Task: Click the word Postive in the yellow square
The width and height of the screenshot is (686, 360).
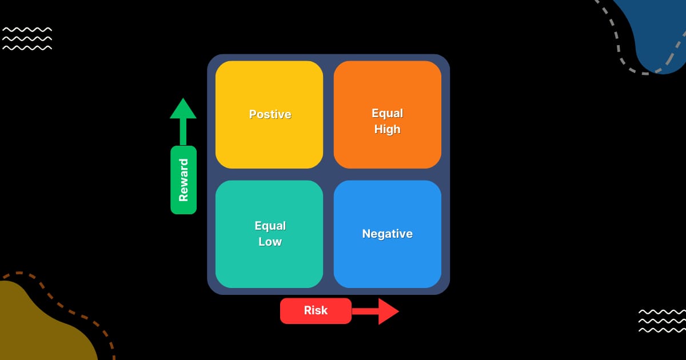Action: tap(270, 114)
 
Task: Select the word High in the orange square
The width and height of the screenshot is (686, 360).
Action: tap(387, 130)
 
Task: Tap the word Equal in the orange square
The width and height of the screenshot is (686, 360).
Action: tap(387, 113)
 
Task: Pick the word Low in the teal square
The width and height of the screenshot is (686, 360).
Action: tap(270, 242)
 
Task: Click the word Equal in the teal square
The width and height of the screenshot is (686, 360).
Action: tap(270, 226)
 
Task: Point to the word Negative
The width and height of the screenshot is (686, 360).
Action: tap(387, 234)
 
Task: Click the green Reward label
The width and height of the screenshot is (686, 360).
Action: tap(184, 180)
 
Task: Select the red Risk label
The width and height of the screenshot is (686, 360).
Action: tap(316, 311)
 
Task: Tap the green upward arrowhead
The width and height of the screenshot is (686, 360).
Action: tap(183, 109)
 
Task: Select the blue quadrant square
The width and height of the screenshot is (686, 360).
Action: tap(387, 263)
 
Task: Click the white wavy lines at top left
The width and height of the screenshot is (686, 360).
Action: tap(27, 38)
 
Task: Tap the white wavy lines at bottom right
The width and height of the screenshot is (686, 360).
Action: tap(661, 321)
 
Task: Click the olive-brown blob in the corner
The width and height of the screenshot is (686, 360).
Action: tap(34, 326)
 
